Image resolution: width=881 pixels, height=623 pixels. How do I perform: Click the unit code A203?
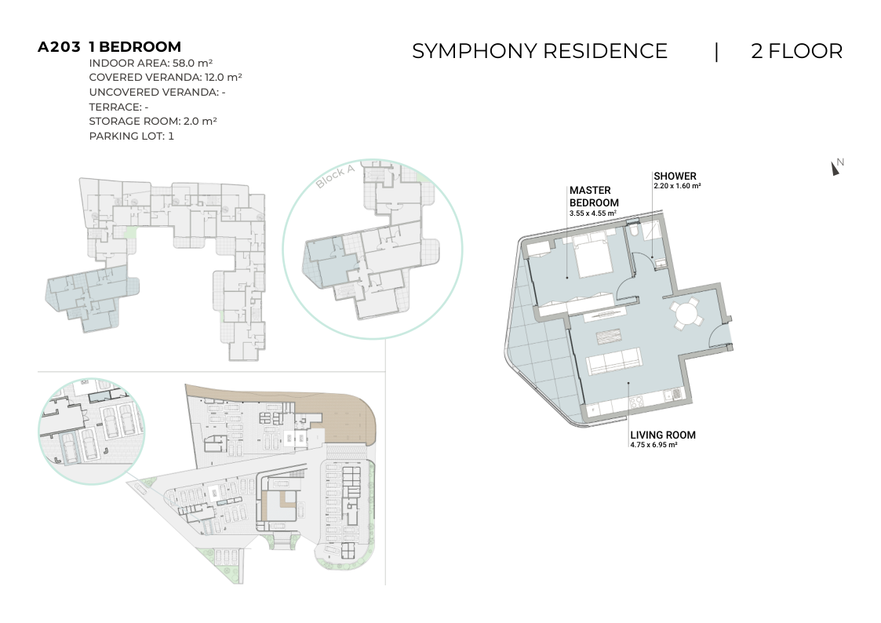click(59, 46)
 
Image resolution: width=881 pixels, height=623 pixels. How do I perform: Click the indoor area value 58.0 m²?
click(192, 63)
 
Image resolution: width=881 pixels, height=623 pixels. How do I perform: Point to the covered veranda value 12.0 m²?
click(223, 77)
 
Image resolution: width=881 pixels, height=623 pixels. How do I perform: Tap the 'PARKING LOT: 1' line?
click(132, 136)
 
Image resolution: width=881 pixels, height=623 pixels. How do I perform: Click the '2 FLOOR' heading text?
click(797, 51)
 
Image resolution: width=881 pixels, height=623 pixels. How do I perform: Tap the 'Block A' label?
click(335, 177)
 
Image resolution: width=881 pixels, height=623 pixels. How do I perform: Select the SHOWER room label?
click(675, 176)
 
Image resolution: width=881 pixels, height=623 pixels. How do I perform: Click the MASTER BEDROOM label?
click(594, 197)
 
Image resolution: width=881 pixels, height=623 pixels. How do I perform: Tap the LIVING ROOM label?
click(662, 435)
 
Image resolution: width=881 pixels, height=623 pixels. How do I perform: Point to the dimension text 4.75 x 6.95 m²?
click(653, 445)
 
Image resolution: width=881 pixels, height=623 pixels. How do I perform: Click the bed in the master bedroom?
click(592, 256)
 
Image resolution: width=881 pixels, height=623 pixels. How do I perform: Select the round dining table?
click(686, 313)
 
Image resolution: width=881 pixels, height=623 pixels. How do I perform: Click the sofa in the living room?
click(613, 361)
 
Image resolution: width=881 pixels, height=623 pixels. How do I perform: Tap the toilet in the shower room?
click(632, 231)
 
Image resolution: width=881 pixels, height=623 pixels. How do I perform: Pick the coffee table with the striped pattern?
click(609, 337)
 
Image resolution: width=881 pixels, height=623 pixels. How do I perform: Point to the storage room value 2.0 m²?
click(200, 121)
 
